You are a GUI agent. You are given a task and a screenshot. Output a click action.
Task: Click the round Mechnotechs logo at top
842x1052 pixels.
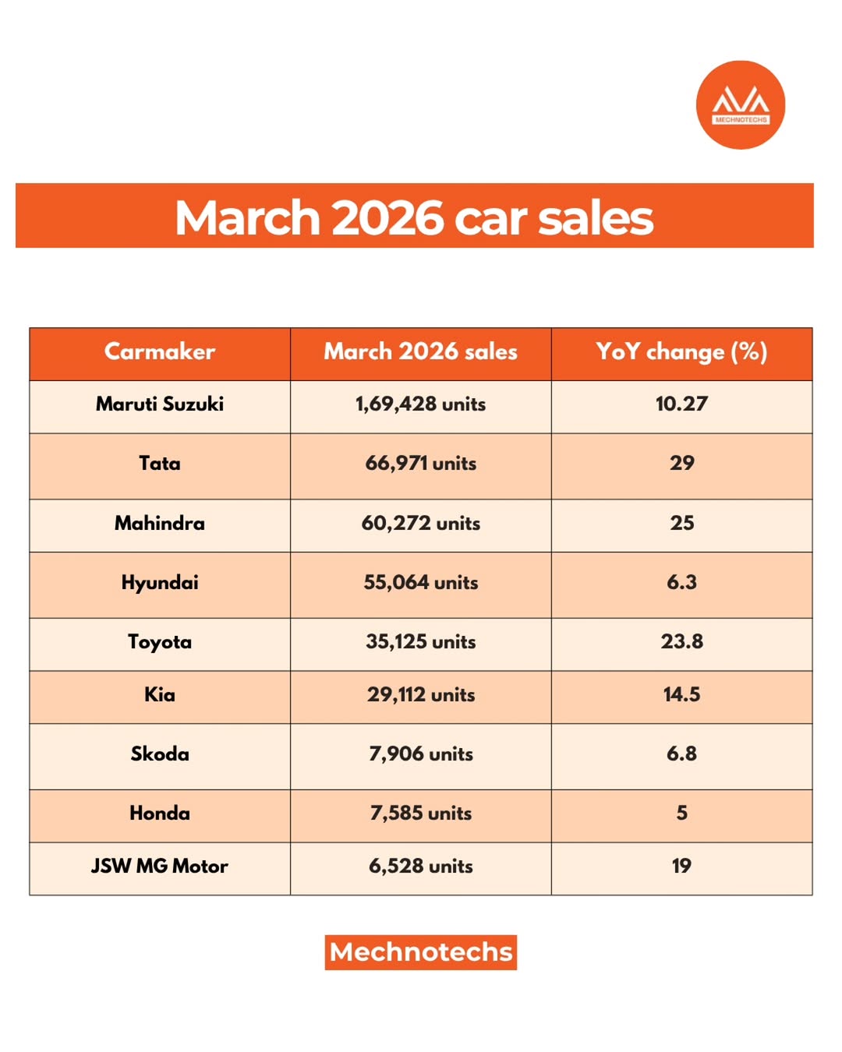click(740, 105)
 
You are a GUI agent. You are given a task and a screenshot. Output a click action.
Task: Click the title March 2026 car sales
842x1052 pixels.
click(414, 217)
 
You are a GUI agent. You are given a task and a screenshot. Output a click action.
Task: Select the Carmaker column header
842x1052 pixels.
click(160, 351)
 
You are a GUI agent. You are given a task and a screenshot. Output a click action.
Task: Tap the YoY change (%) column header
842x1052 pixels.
click(681, 351)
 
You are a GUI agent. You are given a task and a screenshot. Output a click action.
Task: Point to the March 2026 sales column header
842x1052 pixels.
click(421, 351)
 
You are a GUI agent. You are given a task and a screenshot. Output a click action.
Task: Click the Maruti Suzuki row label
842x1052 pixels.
click(160, 404)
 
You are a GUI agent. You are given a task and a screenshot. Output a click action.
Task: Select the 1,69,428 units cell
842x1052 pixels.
click(421, 404)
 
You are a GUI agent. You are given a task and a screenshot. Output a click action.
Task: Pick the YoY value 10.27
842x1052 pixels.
click(681, 404)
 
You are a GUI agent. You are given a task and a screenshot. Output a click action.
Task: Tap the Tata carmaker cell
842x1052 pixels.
click(160, 464)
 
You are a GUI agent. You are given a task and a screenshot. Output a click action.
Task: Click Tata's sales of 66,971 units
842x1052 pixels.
click(421, 464)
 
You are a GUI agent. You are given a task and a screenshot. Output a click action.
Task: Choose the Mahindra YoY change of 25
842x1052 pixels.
click(681, 523)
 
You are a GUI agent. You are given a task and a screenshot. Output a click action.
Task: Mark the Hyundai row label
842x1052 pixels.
click(160, 583)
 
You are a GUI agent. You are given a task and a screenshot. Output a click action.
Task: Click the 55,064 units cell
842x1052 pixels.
click(421, 583)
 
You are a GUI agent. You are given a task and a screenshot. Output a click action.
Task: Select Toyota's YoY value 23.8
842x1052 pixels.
click(681, 641)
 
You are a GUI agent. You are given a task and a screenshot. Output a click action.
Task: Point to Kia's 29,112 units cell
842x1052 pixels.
click(421, 694)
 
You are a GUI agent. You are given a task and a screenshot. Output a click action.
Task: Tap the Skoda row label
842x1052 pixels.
click(160, 754)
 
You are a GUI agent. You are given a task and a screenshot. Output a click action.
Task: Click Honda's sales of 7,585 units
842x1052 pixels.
click(421, 814)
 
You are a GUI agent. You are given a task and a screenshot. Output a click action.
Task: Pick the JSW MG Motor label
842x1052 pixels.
click(160, 867)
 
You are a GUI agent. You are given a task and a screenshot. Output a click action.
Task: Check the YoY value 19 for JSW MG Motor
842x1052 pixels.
click(681, 867)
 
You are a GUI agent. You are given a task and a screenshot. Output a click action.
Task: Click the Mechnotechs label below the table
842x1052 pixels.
click(421, 952)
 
